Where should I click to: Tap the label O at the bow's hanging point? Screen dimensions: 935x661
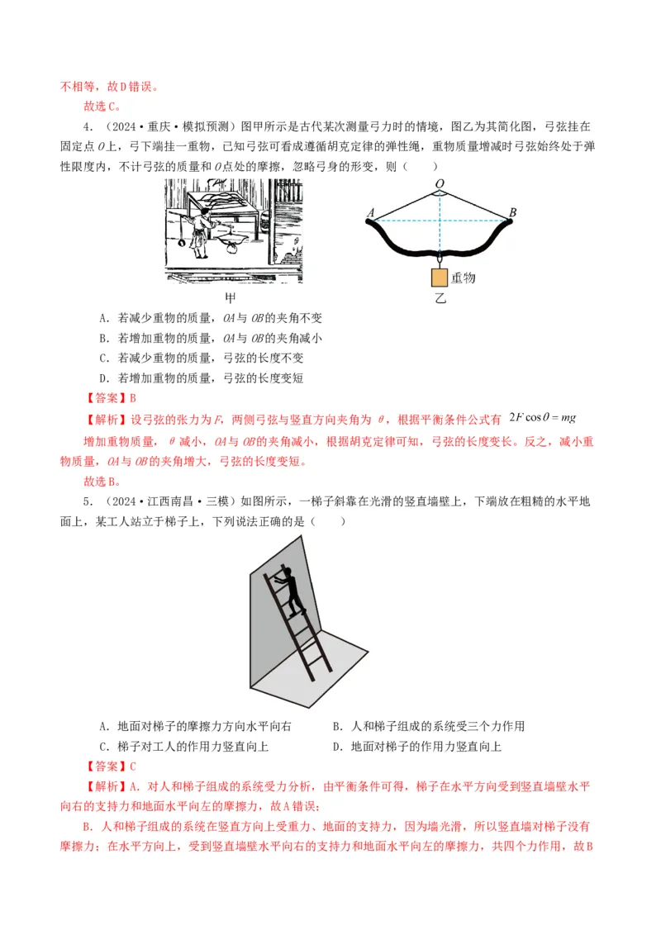[439, 183]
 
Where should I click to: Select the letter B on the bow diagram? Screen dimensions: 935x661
[512, 213]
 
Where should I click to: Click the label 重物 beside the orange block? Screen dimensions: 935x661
[464, 278]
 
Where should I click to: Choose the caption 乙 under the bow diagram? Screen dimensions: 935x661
[440, 298]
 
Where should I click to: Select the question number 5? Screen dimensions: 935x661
[87, 502]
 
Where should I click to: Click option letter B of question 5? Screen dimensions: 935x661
[337, 727]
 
